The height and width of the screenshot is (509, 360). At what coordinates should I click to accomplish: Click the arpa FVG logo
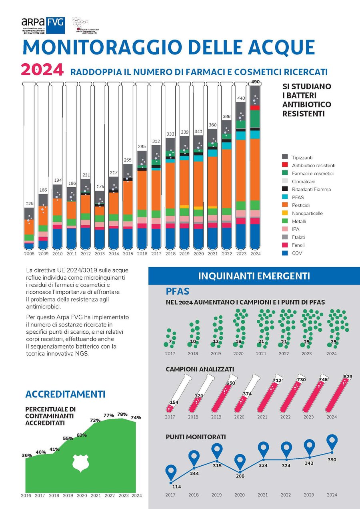coord(43,24)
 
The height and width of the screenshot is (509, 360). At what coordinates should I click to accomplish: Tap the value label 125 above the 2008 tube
coord(29,204)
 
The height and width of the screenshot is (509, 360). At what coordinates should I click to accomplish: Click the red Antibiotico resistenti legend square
coord(285,165)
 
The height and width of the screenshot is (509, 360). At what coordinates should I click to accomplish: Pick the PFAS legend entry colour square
coord(285,197)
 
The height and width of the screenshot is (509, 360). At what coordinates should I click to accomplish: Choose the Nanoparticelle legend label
coord(306,213)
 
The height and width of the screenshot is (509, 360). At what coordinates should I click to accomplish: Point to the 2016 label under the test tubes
coord(142,254)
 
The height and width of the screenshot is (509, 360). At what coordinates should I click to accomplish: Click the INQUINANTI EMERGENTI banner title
coord(254,276)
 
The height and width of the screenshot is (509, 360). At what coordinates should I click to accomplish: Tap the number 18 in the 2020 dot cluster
coord(238,341)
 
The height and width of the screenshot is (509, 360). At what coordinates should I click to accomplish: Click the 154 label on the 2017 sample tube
coord(174,402)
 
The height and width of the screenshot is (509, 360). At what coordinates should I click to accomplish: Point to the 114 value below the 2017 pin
coord(176,487)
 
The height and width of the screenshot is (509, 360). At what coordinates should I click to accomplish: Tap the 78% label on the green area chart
coord(123,414)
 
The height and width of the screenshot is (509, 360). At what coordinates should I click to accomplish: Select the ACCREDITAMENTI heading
coord(65,394)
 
